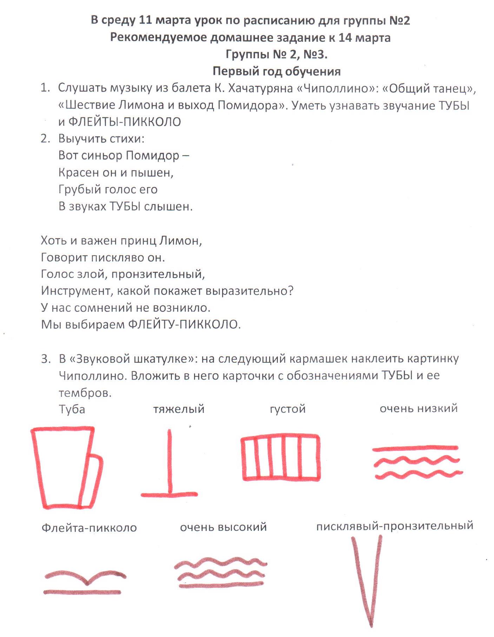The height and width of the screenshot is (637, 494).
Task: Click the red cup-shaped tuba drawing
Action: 63,467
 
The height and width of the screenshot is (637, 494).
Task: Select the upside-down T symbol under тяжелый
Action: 170,467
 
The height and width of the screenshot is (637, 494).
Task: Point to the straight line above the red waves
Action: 415,448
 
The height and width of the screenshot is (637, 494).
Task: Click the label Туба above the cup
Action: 72,409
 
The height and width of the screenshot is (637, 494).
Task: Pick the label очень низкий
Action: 419,408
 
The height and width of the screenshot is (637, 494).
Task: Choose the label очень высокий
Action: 223,527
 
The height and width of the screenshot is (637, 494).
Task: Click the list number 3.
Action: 46,359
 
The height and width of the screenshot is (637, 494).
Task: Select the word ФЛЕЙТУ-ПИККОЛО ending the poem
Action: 184,324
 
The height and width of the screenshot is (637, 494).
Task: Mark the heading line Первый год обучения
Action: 276,71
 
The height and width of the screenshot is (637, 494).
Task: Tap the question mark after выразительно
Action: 291,291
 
